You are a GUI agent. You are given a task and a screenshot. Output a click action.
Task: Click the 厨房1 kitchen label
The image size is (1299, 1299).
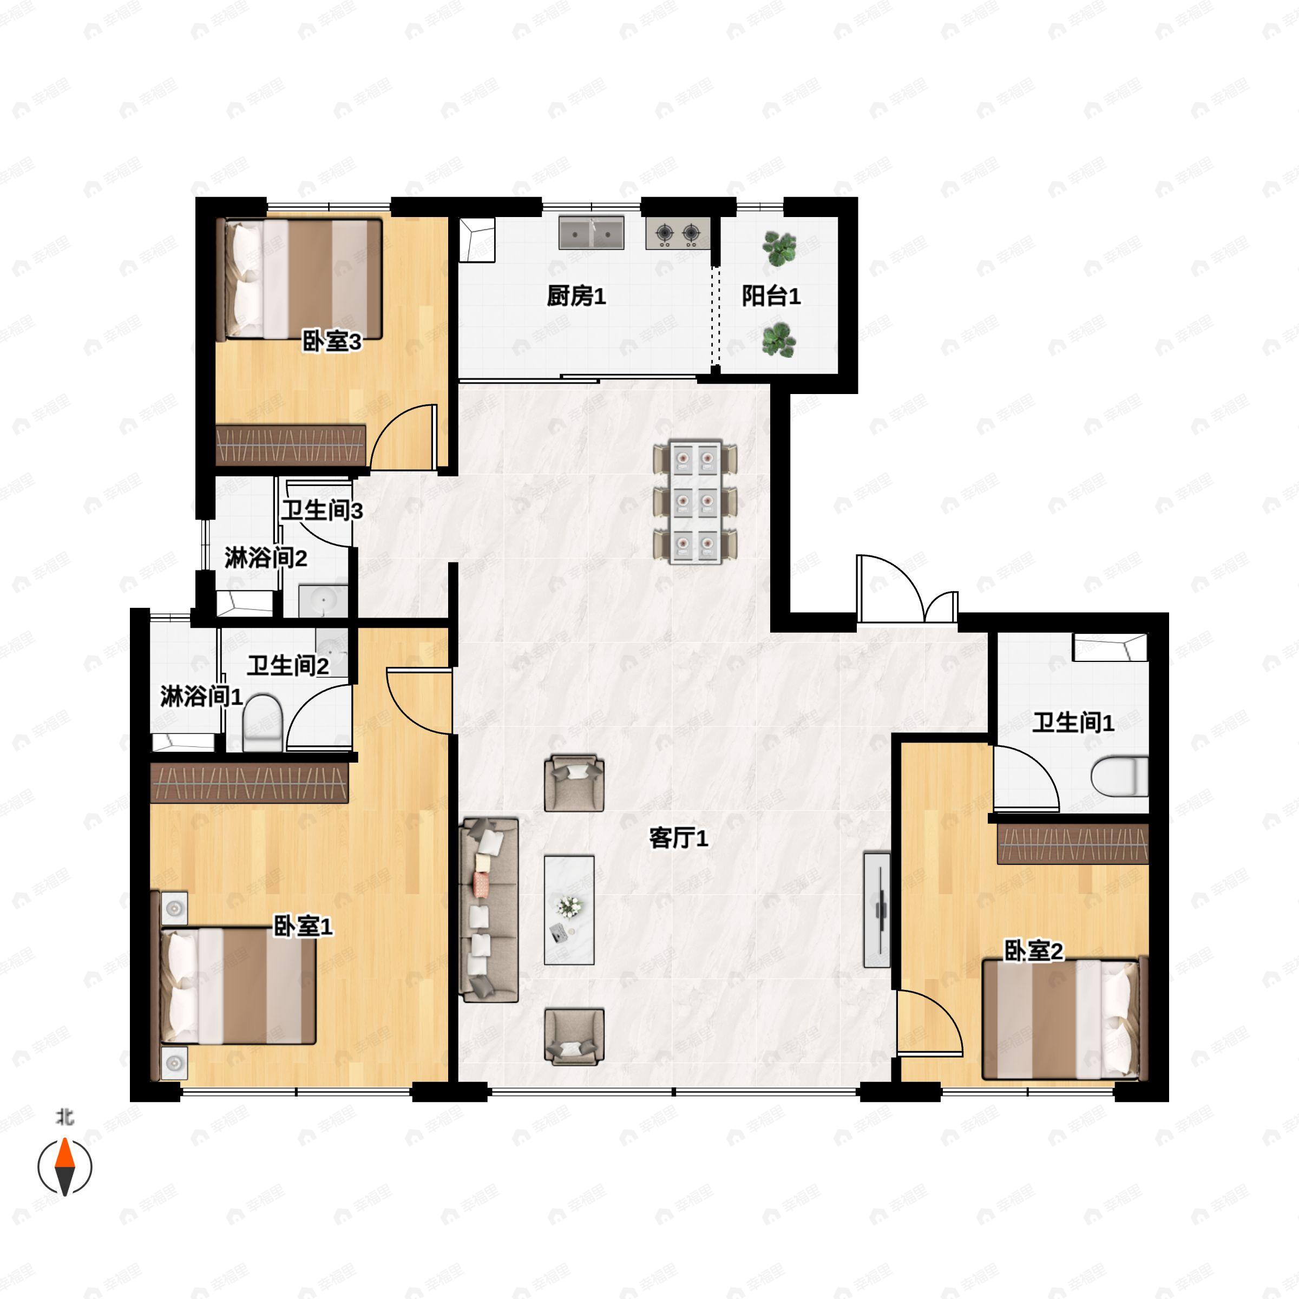coord(576,296)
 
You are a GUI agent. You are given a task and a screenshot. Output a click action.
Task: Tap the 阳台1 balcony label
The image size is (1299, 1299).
coord(771,296)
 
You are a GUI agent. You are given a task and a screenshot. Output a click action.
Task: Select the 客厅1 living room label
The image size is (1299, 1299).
coord(678,838)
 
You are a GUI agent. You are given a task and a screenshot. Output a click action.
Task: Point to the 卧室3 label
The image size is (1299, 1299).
coord(331,342)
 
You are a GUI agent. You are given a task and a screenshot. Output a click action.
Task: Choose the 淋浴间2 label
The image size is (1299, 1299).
coord(266,557)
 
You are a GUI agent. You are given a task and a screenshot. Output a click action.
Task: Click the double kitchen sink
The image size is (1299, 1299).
coord(592,233)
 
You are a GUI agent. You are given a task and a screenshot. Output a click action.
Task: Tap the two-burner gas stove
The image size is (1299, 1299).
coord(678,233)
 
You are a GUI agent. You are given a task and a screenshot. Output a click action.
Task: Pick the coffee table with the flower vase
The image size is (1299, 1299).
coord(569,910)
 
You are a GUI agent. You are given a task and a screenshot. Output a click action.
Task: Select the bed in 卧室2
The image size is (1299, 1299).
coord(1061,1019)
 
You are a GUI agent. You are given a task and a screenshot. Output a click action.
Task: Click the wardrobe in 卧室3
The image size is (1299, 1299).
coord(291,445)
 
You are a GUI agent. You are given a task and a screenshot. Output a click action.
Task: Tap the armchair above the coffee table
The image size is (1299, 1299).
coord(574,783)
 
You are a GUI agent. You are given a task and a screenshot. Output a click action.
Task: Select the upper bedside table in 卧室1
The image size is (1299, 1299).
coord(174,908)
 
